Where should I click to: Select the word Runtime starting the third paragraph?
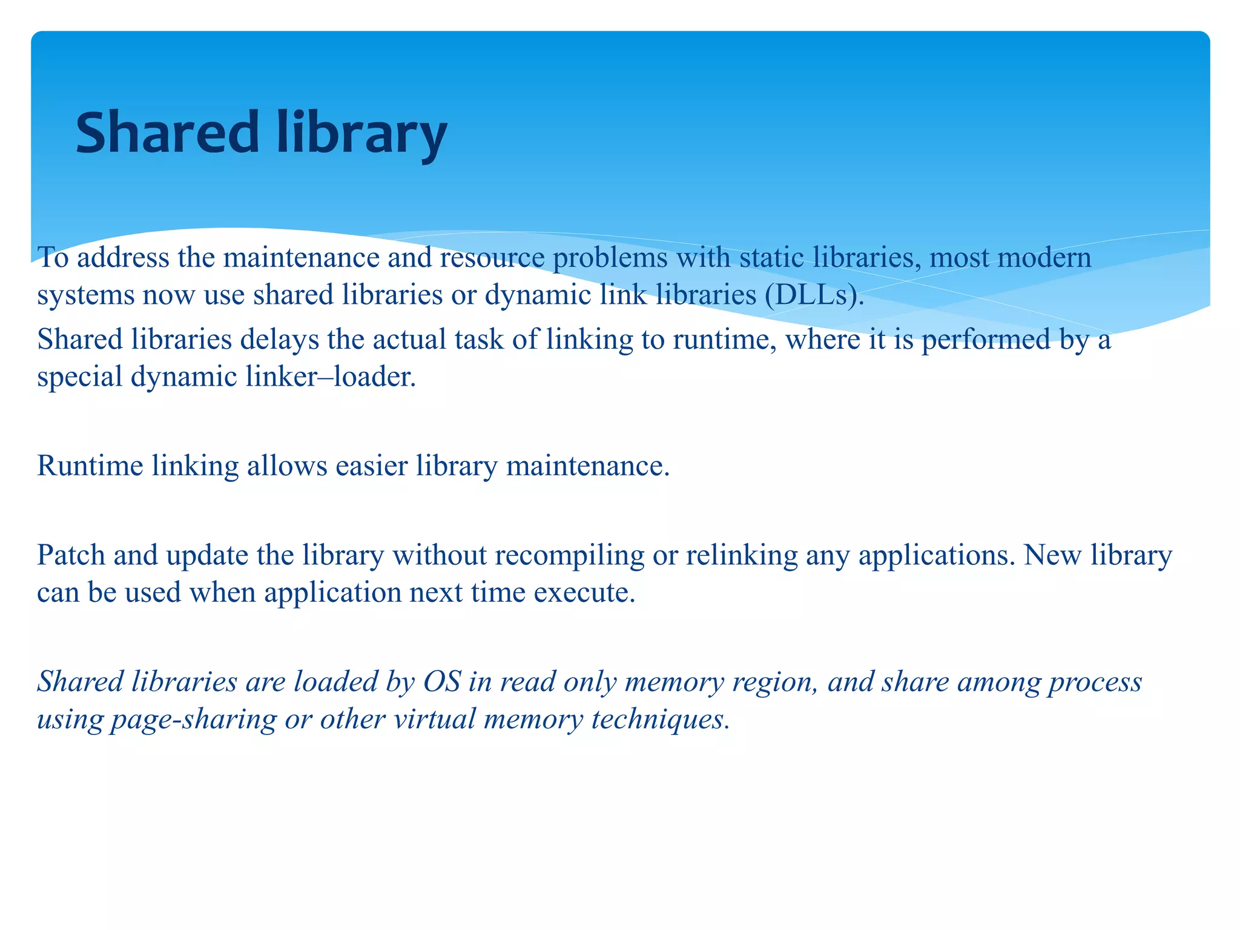[x=90, y=466]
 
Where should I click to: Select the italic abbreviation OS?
[x=442, y=682]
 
